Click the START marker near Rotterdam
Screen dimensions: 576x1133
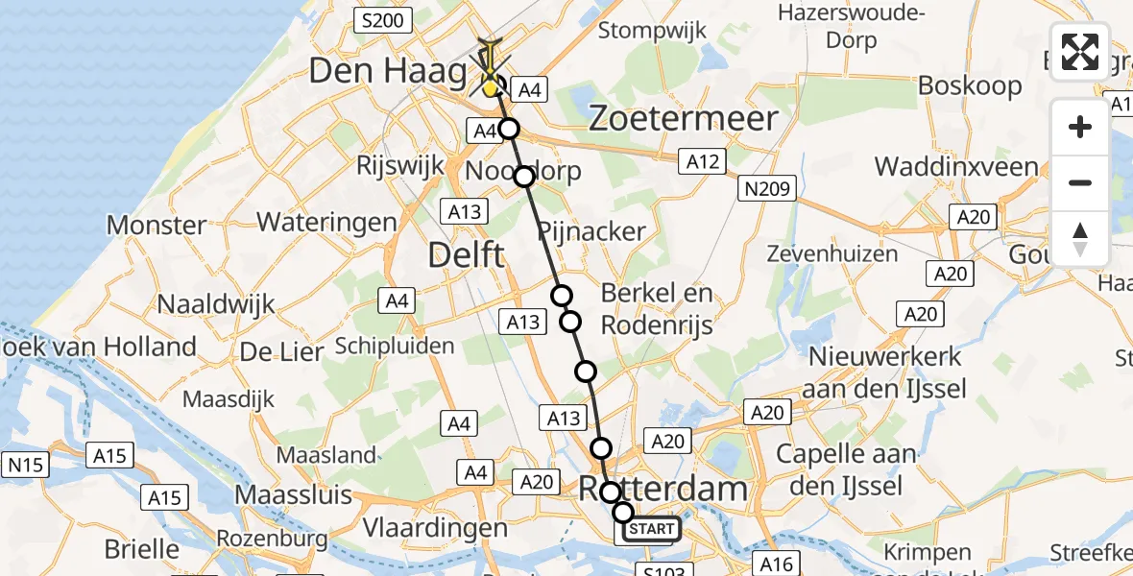tap(652, 529)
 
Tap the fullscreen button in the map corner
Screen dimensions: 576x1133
tap(1080, 52)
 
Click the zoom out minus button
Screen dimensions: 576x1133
tap(1080, 182)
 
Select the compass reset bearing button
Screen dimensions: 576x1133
tap(1080, 238)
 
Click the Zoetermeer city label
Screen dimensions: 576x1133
tap(683, 119)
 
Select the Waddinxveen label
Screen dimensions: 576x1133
tap(956, 166)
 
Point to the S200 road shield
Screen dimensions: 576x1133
tap(382, 19)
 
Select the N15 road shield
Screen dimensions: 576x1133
tap(26, 466)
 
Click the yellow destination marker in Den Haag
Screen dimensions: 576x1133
tap(492, 88)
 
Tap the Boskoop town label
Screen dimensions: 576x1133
tap(970, 84)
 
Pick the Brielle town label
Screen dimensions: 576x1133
tap(141, 549)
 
